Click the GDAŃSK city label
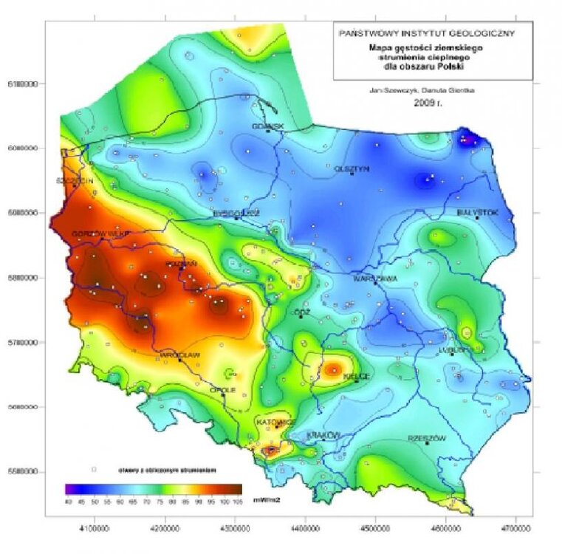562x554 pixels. pos(267,126)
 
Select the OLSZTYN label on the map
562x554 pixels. pos(352,168)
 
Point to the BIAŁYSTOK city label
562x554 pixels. pos(478,212)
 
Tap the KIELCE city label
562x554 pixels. pos(356,376)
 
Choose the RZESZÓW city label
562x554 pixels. pos(427,438)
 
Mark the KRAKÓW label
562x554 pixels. pos(323,435)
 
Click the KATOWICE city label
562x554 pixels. pos(275,421)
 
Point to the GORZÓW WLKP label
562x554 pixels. pos(100,234)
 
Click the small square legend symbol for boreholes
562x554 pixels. pos(94,469)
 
